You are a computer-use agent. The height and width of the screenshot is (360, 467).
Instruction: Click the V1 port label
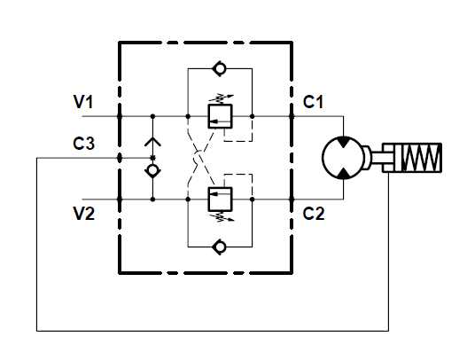coord(83,102)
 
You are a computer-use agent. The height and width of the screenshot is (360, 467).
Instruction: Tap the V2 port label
coord(84,214)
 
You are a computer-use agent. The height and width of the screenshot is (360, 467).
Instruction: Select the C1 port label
coord(313,102)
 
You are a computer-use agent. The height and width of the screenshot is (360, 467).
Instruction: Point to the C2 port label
coord(314,214)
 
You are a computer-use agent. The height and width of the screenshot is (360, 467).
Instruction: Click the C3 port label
coord(83,143)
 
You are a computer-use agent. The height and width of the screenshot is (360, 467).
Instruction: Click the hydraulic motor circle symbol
coord(344,158)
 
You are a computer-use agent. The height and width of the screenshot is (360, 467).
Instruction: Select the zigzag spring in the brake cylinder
coord(421,158)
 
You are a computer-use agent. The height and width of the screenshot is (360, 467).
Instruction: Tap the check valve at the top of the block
coord(220,68)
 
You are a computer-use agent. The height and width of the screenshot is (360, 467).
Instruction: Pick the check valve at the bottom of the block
coord(220,247)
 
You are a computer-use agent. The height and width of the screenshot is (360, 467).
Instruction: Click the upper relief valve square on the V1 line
coord(220,116)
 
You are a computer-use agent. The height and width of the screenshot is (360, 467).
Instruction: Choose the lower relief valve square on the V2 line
coord(220,200)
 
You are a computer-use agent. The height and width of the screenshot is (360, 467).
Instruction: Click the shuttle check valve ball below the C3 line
coord(152,170)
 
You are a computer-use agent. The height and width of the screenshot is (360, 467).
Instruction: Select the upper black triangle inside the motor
coord(344,142)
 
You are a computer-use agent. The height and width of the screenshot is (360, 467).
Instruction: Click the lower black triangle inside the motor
coord(344,174)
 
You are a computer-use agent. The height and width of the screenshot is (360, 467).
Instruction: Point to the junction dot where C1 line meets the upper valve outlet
coord(252,116)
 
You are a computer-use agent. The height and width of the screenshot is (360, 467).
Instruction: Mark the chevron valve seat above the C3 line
coord(152,142)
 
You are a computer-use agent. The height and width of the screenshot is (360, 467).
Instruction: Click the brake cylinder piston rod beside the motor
coord(377,158)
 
